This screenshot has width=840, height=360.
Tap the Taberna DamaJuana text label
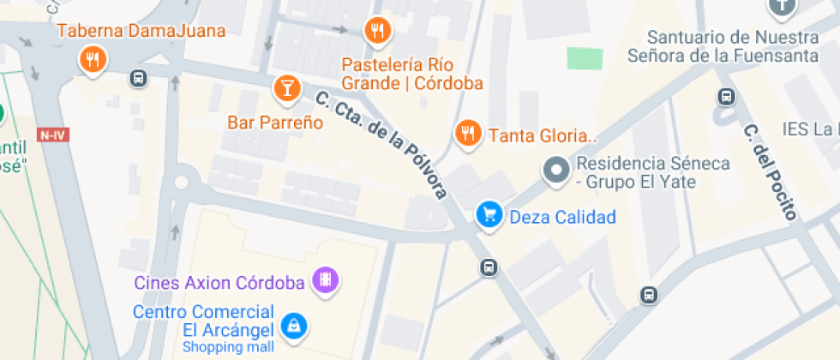pyautogui.click(x=141, y=32)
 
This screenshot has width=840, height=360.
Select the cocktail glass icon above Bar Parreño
pyautogui.click(x=286, y=87)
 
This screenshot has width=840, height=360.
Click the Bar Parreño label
pyautogui.click(x=275, y=123)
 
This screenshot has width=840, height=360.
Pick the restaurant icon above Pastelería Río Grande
pyautogui.click(x=377, y=31)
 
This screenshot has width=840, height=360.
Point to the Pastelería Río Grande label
pyautogui.click(x=411, y=75)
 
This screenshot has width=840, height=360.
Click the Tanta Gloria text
pyautogui.click(x=542, y=135)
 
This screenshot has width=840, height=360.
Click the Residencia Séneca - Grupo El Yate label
pyautogui.click(x=653, y=172)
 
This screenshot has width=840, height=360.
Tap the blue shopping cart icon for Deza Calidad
pyautogui.click(x=489, y=215)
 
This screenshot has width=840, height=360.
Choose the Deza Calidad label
pyautogui.click(x=562, y=217)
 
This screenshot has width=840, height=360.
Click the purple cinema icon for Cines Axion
pyautogui.click(x=326, y=279)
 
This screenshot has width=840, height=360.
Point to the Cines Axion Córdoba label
pyautogui.click(x=219, y=282)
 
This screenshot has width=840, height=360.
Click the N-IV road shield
pyautogui.click(x=53, y=135)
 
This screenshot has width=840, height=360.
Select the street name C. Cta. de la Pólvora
pyautogui.click(x=382, y=145)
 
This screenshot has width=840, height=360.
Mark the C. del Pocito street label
pyautogui.click(x=769, y=171)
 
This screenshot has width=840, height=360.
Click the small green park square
pyautogui.click(x=585, y=58)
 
